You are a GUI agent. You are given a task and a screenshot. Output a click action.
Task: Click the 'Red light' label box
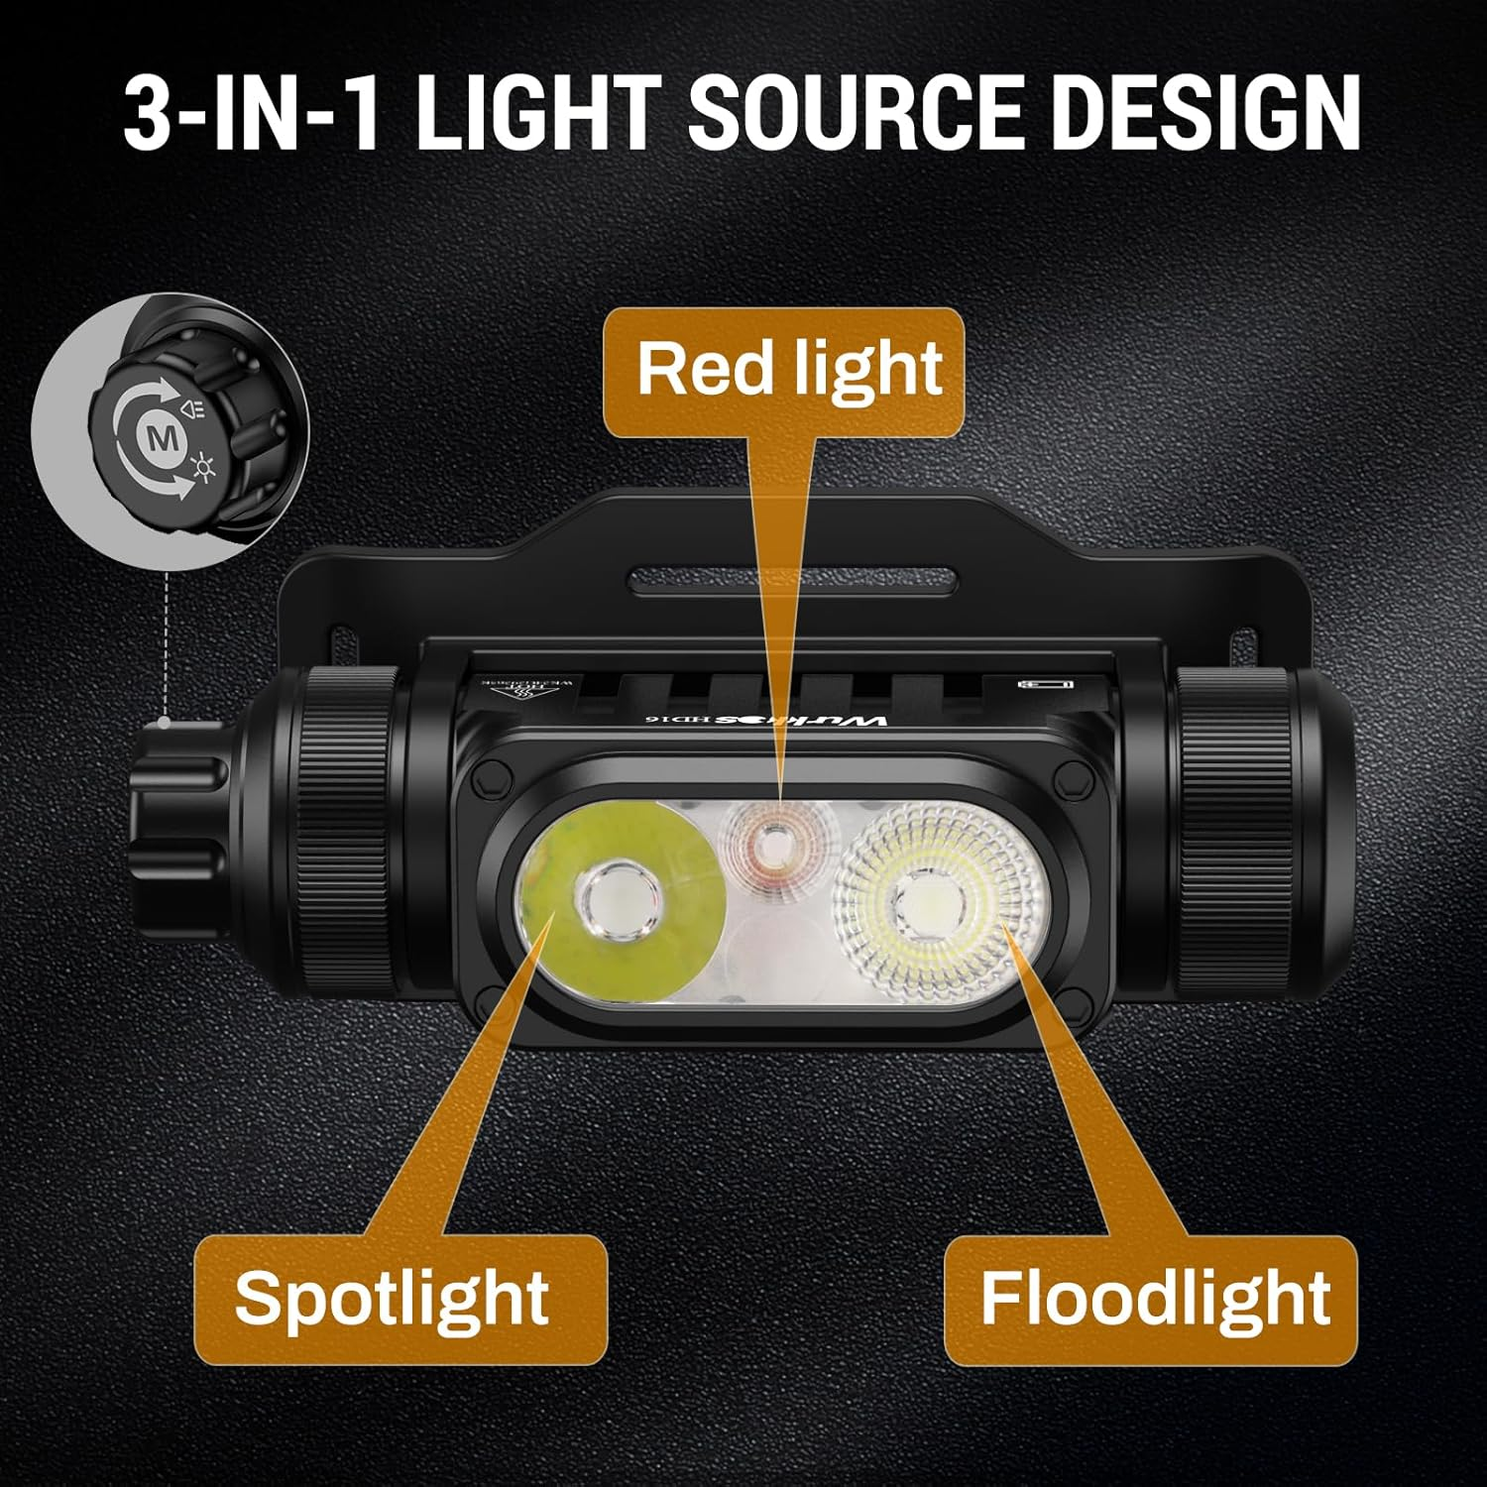pos(784,370)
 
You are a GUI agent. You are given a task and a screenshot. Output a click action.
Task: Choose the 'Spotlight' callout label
pos(395,1298)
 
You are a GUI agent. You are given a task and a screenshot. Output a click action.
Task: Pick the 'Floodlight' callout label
pos(1151,1298)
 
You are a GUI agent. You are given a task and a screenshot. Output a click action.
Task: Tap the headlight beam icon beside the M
pos(194,408)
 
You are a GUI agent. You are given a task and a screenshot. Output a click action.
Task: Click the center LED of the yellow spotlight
pos(616,901)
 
